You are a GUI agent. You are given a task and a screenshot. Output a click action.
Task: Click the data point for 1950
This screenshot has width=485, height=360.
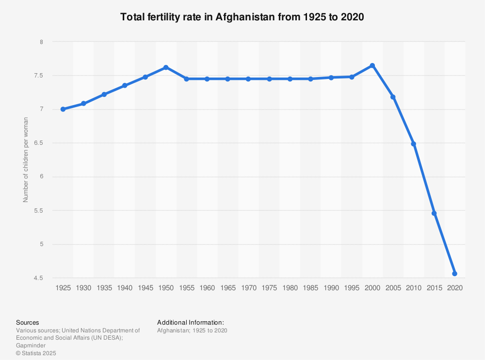pyautogui.click(x=166, y=67)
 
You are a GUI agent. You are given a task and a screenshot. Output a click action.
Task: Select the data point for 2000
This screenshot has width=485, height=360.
pyautogui.click(x=372, y=65)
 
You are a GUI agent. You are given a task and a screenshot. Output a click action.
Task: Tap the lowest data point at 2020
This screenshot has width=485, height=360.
pyautogui.click(x=454, y=274)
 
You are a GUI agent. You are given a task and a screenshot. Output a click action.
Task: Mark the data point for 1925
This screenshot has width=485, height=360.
pyautogui.click(x=63, y=109)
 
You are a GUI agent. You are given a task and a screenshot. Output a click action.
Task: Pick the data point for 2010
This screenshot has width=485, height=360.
pyautogui.click(x=413, y=144)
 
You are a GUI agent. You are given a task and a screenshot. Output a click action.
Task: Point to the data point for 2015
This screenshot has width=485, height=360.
pyautogui.click(x=434, y=213)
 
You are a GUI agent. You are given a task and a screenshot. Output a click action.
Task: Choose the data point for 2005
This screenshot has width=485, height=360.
pyautogui.click(x=393, y=97)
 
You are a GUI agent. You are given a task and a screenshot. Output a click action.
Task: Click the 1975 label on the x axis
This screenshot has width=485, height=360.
pyautogui.click(x=269, y=288)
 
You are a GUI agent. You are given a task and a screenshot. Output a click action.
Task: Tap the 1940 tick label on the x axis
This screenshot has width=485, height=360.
pyautogui.click(x=125, y=288)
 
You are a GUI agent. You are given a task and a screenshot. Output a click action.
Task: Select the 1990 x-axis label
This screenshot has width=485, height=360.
pyautogui.click(x=331, y=288)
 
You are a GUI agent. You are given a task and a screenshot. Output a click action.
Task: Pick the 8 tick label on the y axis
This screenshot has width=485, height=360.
pyautogui.click(x=42, y=42)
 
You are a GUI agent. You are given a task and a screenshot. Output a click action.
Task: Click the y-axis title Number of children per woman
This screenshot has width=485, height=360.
pyautogui.click(x=26, y=160)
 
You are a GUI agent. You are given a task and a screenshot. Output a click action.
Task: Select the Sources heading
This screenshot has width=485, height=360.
pyautogui.click(x=28, y=322)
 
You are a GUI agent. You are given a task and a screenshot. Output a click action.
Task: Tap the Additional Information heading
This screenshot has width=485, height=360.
pyautogui.click(x=191, y=322)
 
